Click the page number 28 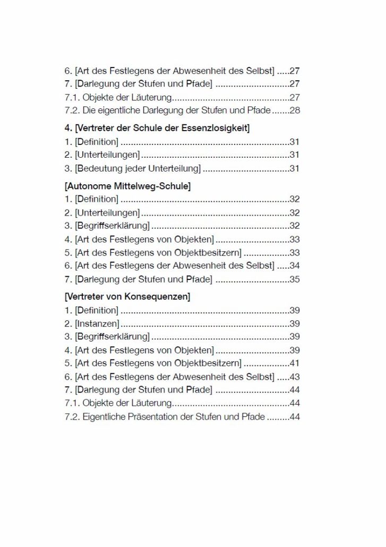295,110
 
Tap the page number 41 295,363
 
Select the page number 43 295,377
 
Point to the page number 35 295,279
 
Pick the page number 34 295,266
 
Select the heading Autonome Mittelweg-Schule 127,186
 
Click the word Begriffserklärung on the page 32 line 113,226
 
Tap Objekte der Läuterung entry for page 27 127,97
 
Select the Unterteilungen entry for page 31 107,155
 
